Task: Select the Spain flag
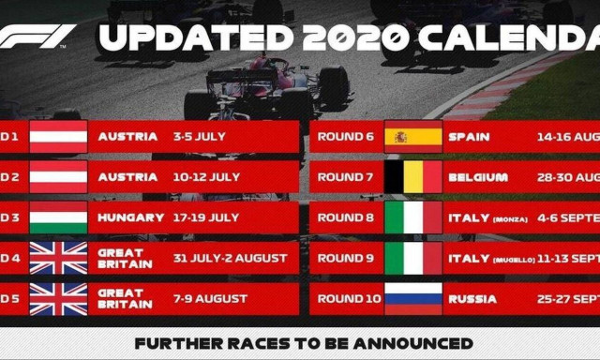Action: pos(413,137)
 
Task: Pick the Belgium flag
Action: pos(413,177)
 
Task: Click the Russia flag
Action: pos(413,299)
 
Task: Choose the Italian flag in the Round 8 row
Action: pos(413,217)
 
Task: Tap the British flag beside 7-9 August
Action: pos(58,299)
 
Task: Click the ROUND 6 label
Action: pos(346,137)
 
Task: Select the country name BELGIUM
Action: pos(478,177)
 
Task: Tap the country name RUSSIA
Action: pos(472,299)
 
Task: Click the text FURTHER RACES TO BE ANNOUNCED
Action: pos(303,343)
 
